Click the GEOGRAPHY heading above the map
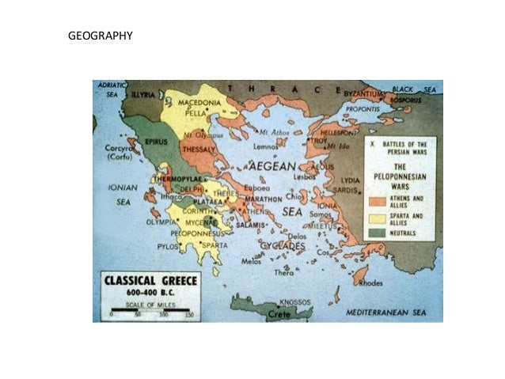click(x=100, y=36)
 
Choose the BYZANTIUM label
click(x=364, y=94)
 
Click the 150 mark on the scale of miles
click(x=188, y=314)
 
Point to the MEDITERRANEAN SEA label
click(x=386, y=313)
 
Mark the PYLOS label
click(x=169, y=246)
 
